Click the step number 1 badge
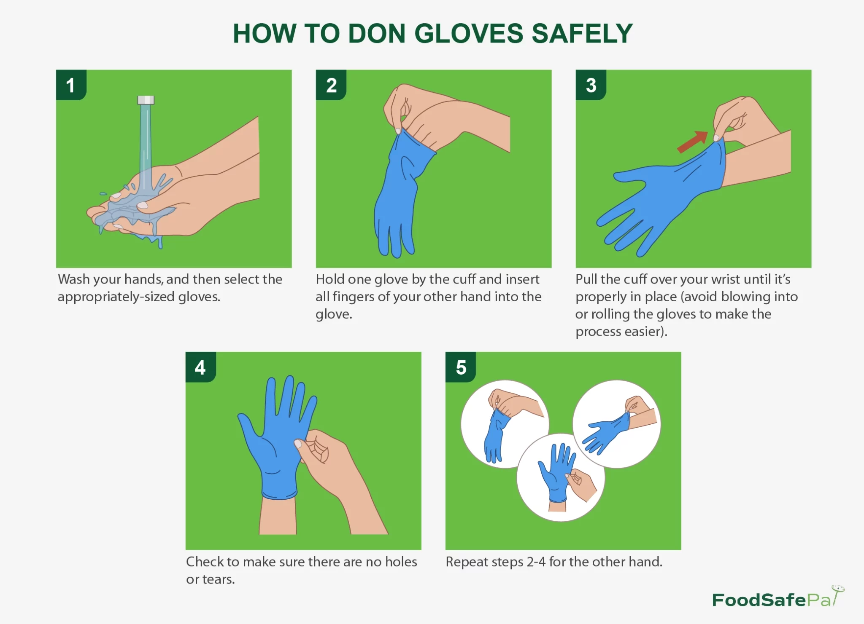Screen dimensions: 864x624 click(71, 85)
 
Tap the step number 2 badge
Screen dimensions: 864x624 click(331, 85)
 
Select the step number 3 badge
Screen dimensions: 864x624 click(591, 85)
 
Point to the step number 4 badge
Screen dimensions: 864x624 click(201, 367)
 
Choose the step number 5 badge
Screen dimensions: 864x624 click(461, 367)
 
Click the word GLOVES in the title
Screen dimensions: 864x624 click(470, 33)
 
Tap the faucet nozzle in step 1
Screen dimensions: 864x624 click(146, 100)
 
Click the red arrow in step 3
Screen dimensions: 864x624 click(692, 142)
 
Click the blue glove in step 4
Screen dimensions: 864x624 click(276, 438)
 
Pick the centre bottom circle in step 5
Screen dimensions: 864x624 click(561, 477)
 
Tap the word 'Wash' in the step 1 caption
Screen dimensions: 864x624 click(73, 279)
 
